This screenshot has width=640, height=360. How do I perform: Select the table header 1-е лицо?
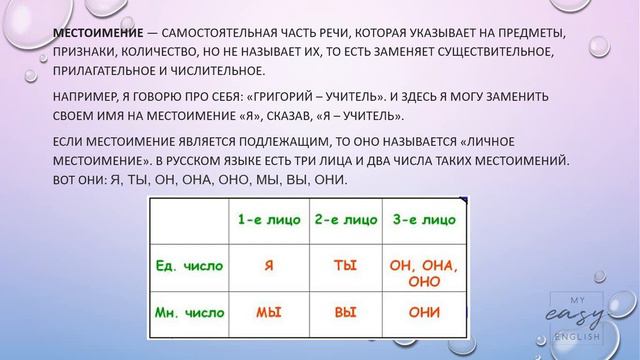click(x=267, y=219)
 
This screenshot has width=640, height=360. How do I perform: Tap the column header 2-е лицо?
click(x=344, y=219)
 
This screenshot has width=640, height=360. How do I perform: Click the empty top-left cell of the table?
click(x=190, y=219)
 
